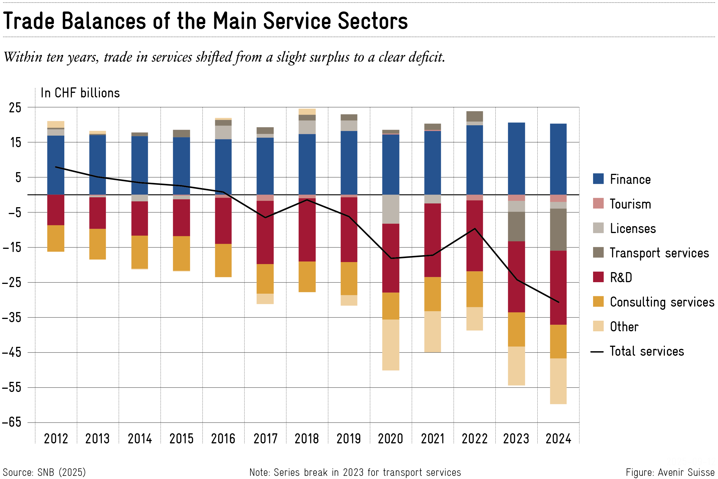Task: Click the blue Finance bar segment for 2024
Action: (x=558, y=159)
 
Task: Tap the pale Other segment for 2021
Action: (x=433, y=332)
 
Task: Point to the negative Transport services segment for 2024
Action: (x=558, y=230)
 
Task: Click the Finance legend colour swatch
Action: (x=598, y=179)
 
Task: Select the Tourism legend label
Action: (x=630, y=204)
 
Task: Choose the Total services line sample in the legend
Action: (x=597, y=352)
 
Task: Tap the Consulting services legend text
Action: (x=662, y=302)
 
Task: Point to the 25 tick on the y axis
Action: (x=15, y=107)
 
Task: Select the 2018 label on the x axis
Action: (x=306, y=439)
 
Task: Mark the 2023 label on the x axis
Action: (x=516, y=439)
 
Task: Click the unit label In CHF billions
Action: (x=80, y=93)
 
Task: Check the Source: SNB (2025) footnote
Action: (x=44, y=472)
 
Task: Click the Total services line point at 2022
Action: (x=475, y=228)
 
